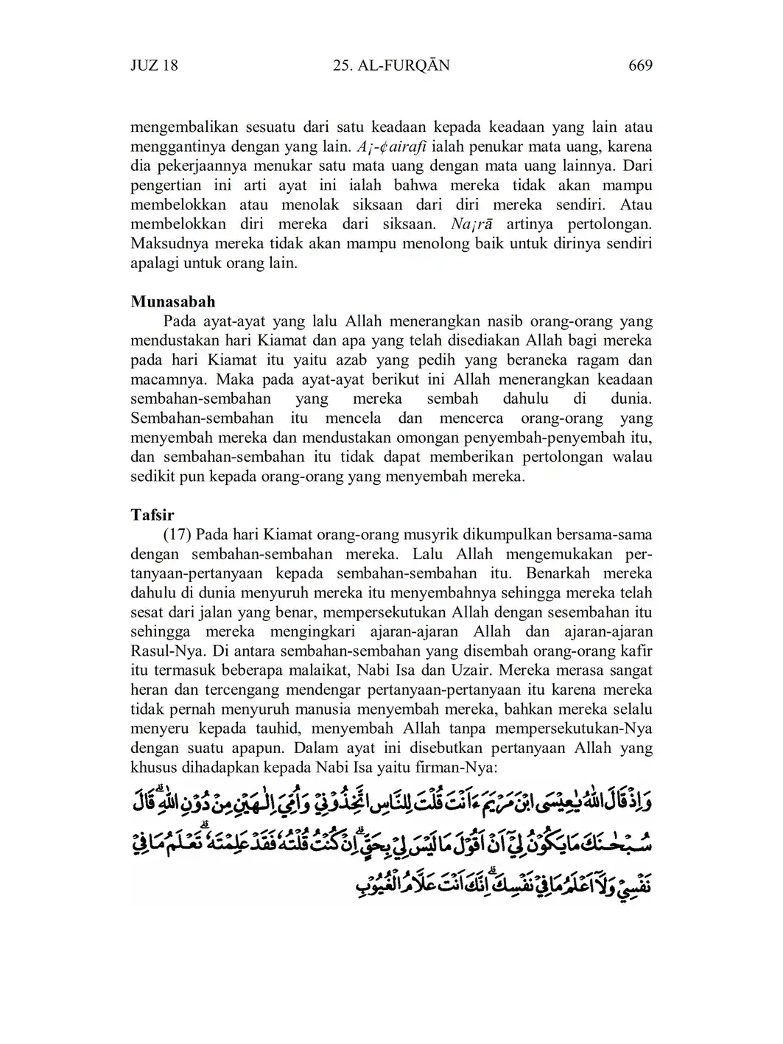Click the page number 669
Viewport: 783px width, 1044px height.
point(640,66)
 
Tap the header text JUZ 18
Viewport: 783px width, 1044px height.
point(154,66)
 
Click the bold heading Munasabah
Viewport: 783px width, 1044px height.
point(173,302)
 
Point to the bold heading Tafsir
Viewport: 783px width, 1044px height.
point(152,514)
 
